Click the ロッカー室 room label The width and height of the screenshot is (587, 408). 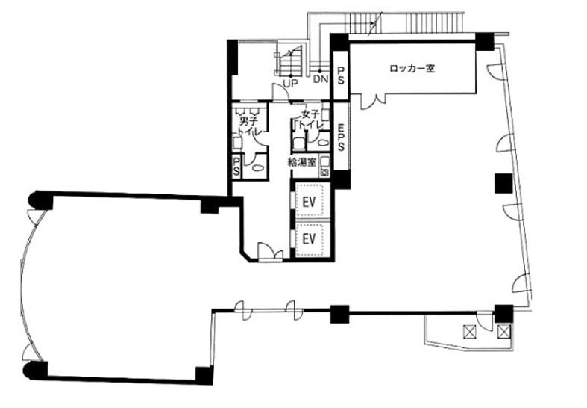[x=412, y=69]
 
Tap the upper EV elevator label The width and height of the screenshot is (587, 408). [x=309, y=202]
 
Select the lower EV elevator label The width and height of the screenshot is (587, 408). [x=309, y=238]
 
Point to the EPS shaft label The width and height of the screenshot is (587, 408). [x=341, y=137]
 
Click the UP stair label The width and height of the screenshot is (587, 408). [x=290, y=84]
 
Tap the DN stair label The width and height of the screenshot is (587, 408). [x=321, y=79]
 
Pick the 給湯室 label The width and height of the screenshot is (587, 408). [x=302, y=162]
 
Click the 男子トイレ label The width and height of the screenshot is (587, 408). [x=248, y=126]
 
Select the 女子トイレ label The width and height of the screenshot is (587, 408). [x=310, y=120]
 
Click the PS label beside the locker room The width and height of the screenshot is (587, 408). [x=341, y=75]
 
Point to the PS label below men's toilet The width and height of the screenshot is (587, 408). [x=236, y=166]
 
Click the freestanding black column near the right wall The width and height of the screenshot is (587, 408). [x=503, y=183]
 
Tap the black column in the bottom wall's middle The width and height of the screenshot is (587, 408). [x=339, y=315]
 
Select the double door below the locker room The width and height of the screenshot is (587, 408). [x=373, y=102]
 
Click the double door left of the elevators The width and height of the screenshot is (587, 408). [x=270, y=252]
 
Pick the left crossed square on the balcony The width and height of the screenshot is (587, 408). [x=468, y=331]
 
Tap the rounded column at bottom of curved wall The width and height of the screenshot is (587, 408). [x=36, y=370]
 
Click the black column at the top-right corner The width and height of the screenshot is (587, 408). [x=485, y=41]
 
